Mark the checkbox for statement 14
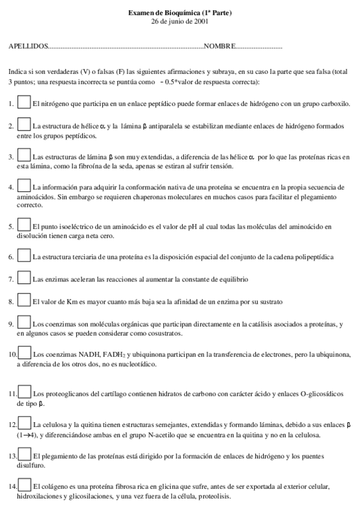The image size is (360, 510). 25,484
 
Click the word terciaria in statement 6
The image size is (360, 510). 78,257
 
